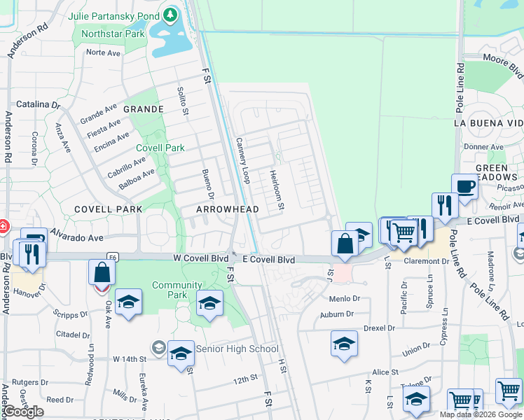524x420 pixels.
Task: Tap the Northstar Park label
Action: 113,34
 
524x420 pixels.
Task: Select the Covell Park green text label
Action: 160,148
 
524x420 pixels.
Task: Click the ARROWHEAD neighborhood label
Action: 228,209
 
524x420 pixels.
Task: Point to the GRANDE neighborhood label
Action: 144,109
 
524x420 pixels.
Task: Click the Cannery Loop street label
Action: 243,160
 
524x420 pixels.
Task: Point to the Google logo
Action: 24,412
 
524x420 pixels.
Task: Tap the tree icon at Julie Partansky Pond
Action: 170,15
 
